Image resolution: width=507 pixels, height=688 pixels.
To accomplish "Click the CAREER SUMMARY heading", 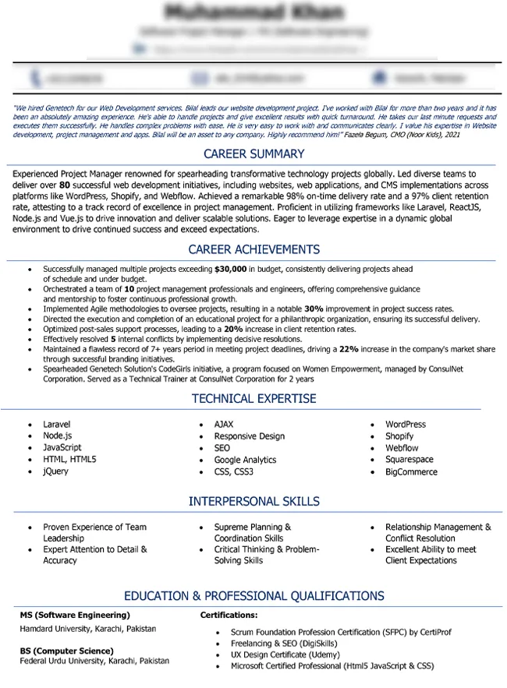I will [253, 154].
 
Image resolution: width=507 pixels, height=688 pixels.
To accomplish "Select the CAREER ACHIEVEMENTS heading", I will [253, 250].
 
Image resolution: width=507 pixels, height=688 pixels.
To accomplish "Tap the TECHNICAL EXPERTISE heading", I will [253, 399].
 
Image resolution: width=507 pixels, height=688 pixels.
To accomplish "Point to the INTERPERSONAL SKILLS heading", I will [253, 502].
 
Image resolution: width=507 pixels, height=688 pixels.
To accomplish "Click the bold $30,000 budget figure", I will [230, 269].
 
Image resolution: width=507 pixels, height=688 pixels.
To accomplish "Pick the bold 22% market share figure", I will [349, 350].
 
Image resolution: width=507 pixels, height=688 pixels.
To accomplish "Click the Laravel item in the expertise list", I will [56, 425].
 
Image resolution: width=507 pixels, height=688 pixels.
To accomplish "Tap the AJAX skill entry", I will [224, 425].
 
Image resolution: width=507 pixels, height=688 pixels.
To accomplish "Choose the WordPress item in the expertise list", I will [406, 425].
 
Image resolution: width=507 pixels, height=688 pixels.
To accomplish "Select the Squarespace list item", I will [409, 460].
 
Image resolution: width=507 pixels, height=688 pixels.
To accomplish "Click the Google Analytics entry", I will [245, 460].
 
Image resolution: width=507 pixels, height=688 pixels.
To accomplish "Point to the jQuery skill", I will [55, 471].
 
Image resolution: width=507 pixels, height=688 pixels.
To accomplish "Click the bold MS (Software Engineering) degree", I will [75, 616].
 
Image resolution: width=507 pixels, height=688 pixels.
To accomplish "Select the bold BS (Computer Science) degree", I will [66, 651].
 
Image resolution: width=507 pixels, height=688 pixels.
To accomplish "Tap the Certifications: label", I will [229, 616].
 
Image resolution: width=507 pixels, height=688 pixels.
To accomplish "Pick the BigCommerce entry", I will [411, 471].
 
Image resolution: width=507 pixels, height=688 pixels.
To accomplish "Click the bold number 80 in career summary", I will [65, 186].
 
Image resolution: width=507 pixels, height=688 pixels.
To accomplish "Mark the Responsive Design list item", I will [250, 436].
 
